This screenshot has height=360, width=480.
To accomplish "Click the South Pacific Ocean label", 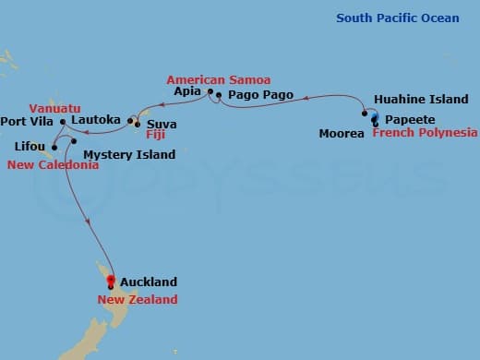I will click(397, 18).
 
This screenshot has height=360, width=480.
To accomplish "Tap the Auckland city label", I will click(148, 282).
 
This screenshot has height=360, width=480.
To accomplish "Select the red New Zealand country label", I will click(138, 299).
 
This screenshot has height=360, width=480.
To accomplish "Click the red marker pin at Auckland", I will click(110, 281).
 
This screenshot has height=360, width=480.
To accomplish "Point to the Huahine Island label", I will click(421, 99).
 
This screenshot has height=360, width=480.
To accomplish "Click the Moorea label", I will click(342, 134).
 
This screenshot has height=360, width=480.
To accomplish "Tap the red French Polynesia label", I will click(425, 133).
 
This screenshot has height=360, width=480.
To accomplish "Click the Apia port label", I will click(188, 93).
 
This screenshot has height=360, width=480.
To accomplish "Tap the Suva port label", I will click(162, 124).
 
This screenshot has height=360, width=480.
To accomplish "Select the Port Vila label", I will click(27, 121).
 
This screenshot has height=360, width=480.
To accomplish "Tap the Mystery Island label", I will click(129, 154).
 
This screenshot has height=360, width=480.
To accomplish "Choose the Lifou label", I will click(30, 146).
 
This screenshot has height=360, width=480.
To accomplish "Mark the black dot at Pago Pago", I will click(219, 95).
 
